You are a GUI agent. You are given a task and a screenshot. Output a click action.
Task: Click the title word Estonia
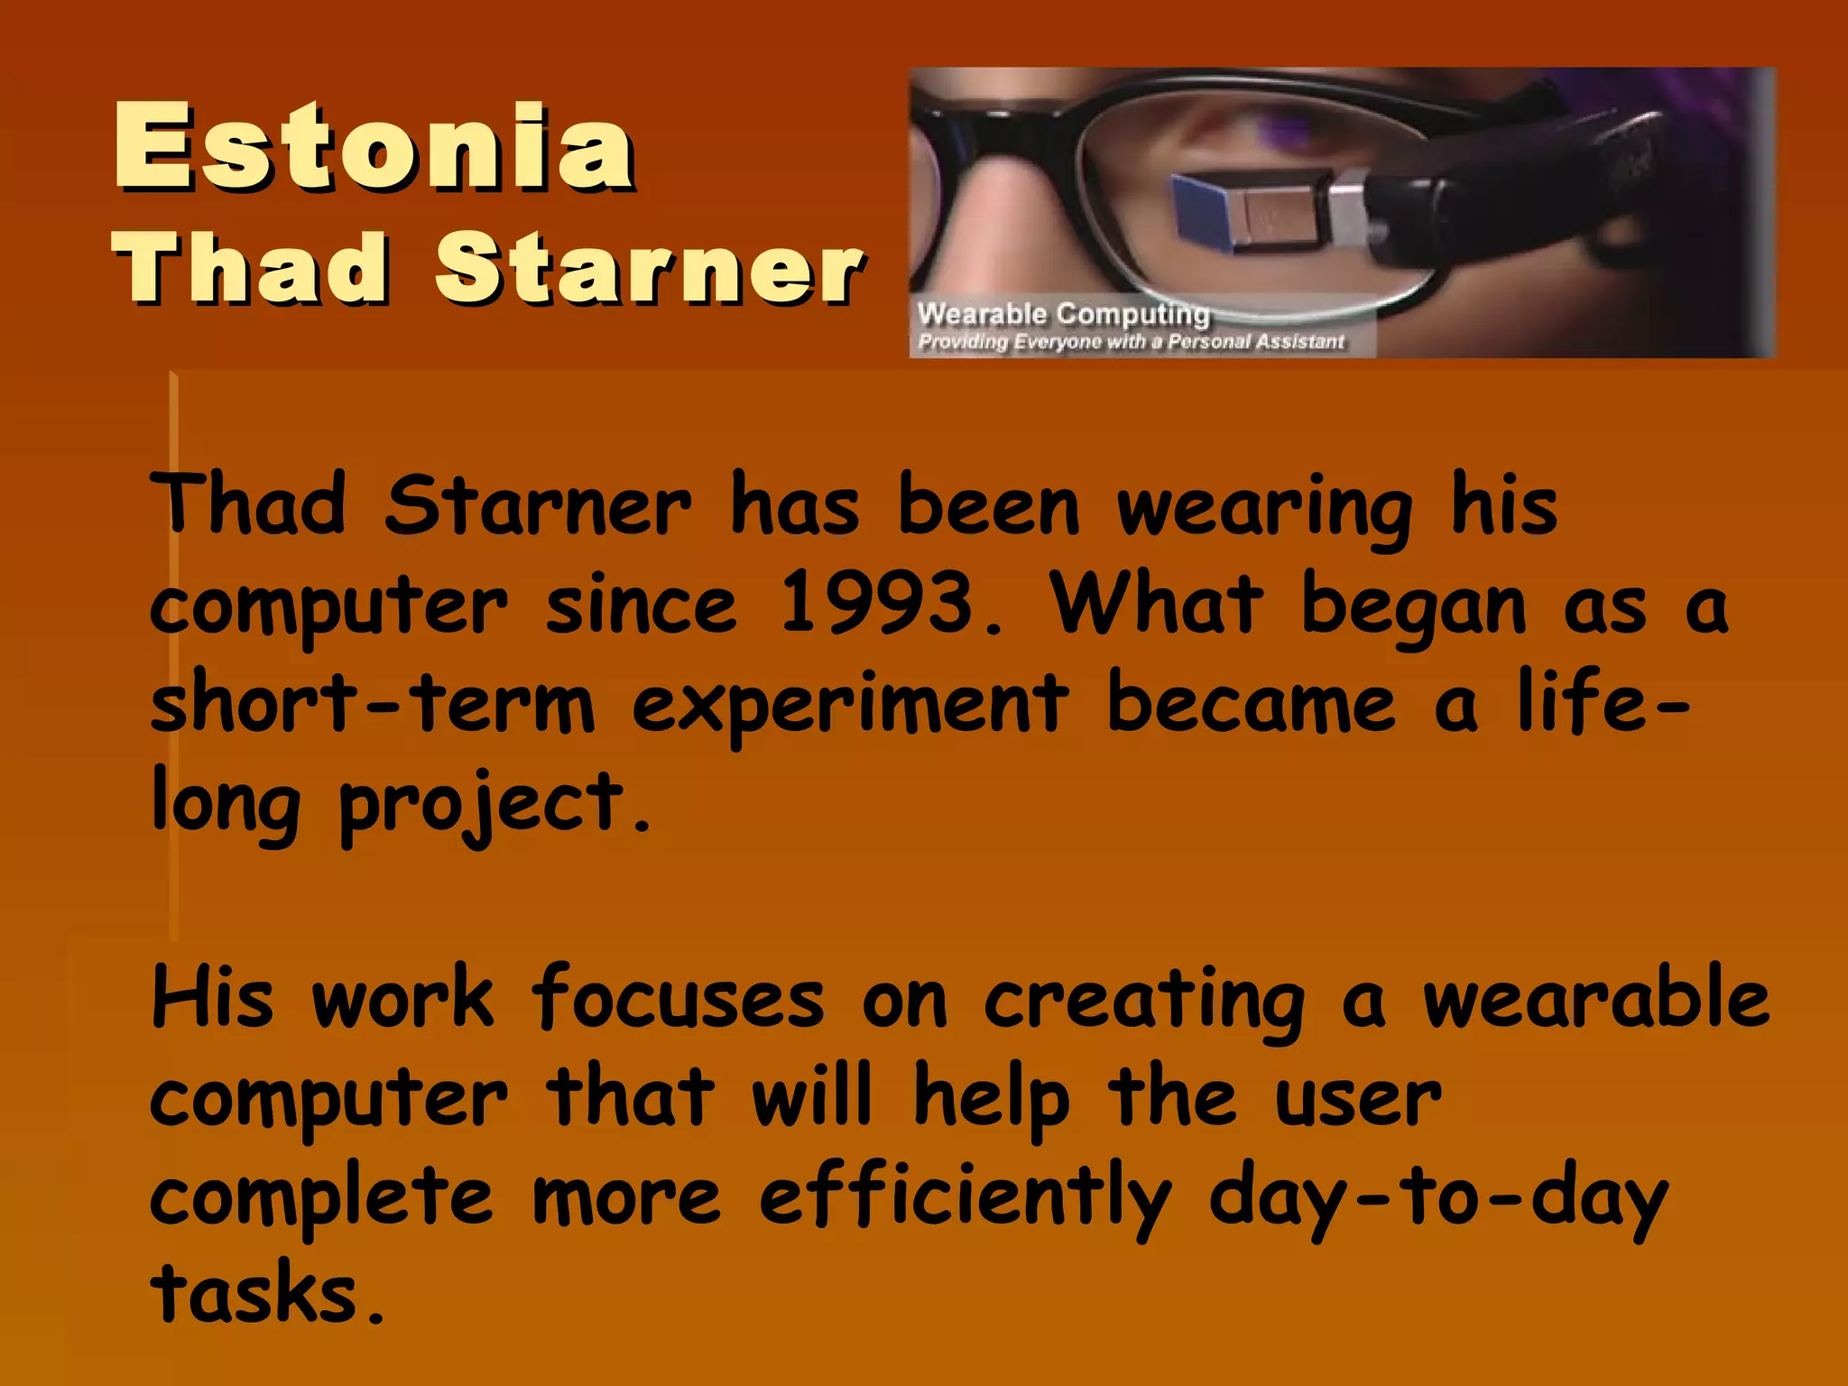[374, 146]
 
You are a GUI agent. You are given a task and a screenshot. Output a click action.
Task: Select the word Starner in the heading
[649, 268]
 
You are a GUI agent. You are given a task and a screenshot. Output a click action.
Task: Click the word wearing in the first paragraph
[1264, 508]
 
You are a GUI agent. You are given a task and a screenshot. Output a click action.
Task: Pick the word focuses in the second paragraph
[677, 998]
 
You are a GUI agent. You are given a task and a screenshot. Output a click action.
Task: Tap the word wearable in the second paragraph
[1595, 998]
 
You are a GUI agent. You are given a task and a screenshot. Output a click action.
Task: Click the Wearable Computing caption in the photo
[1063, 314]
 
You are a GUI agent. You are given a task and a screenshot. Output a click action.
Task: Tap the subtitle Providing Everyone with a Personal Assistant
[1131, 342]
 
